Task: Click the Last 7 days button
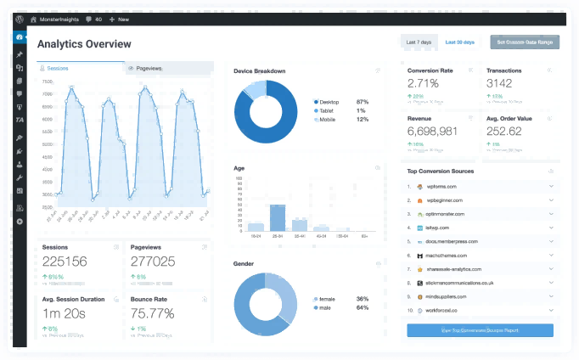tap(419, 42)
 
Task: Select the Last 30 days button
tap(459, 42)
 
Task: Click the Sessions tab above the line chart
tap(59, 68)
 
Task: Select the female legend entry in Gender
tap(327, 299)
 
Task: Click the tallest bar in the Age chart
tap(277, 217)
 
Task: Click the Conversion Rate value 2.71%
tap(423, 83)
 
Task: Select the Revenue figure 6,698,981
tap(432, 132)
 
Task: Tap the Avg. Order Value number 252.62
tap(504, 132)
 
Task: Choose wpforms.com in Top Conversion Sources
tap(441, 186)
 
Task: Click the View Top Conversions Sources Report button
tap(480, 330)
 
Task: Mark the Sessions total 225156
tap(65, 262)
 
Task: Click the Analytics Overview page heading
tap(84, 43)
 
